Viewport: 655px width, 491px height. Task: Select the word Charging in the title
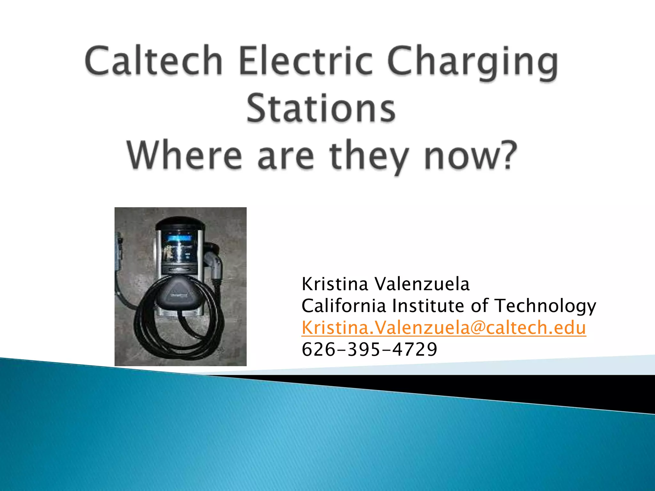click(x=473, y=62)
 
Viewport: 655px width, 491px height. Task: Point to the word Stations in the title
click(x=321, y=109)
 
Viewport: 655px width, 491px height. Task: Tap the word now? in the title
click(x=470, y=156)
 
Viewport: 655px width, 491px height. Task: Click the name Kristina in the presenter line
click(x=335, y=284)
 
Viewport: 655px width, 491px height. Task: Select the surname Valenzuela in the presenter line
click(x=422, y=284)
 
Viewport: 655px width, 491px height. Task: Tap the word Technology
click(x=545, y=306)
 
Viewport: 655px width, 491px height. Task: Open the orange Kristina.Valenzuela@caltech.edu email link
click(x=444, y=328)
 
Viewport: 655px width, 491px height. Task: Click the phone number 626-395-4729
click(x=369, y=349)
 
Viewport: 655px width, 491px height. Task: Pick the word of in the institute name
click(x=480, y=306)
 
